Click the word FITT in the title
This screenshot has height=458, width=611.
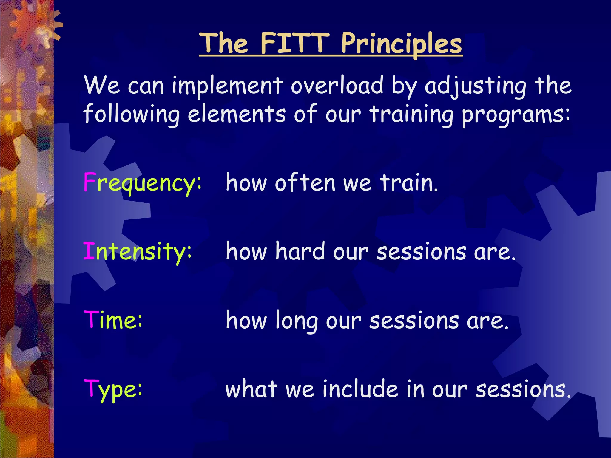294,44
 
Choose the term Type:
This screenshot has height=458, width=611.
113,389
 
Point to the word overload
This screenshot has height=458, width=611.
337,85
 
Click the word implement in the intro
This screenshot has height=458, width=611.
227,86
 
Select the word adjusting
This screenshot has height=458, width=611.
476,86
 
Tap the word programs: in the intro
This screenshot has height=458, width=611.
516,114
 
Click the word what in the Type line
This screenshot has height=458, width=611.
251,389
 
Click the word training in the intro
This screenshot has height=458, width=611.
412,114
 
